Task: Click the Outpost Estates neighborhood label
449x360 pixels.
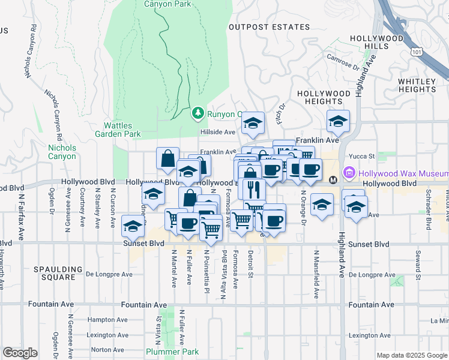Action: [270, 27]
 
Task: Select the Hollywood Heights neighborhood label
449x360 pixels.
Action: [324, 98]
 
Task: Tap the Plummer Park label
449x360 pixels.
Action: [164, 351]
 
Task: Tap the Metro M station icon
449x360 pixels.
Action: [334, 179]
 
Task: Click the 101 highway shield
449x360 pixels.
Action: [417, 53]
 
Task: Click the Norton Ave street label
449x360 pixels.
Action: [107, 349]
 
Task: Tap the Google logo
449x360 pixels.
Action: [20, 353]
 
